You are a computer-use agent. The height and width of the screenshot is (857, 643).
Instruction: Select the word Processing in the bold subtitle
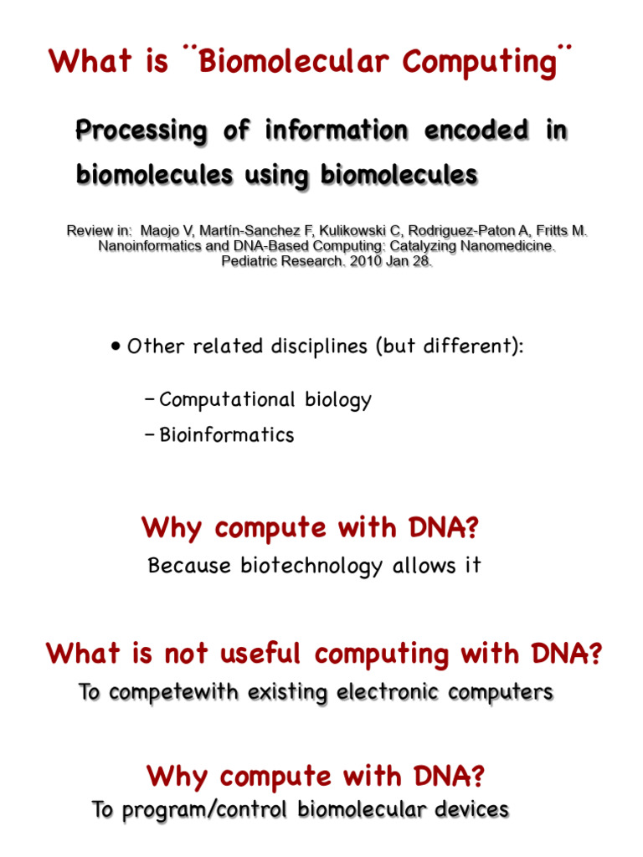[x=141, y=131]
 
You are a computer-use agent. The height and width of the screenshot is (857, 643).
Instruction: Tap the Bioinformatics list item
[x=226, y=435]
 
